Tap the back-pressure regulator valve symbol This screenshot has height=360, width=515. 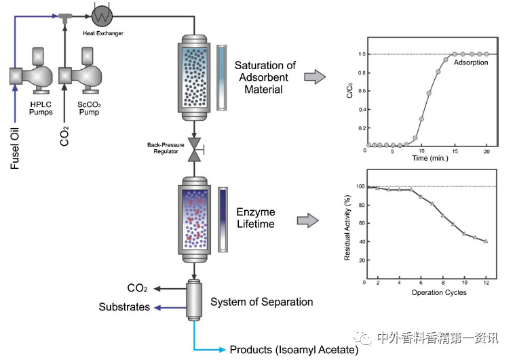pos(194,150)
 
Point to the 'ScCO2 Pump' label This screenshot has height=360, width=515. pos(88,108)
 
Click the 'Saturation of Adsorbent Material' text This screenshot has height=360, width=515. pos(265,77)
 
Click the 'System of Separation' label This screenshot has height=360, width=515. pos(262,302)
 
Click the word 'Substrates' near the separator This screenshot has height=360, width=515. pos(124,307)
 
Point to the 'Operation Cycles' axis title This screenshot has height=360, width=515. pos(430,292)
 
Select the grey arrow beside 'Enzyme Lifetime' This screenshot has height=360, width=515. pos(309,220)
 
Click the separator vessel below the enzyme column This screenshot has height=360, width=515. pos(194,298)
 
